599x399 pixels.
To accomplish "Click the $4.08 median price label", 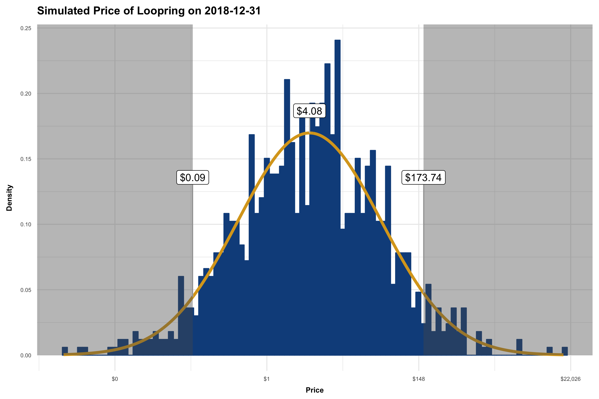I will (x=309, y=111).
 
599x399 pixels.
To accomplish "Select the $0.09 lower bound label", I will (x=193, y=177).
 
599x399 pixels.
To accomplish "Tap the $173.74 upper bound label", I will (x=423, y=177).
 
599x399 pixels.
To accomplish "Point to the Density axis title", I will (x=9, y=198).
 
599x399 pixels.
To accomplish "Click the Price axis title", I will (x=315, y=390).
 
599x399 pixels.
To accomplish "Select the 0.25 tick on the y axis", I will (x=26, y=28).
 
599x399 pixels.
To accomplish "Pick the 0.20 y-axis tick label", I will (x=26, y=94).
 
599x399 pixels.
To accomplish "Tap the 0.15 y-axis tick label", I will (x=26, y=159).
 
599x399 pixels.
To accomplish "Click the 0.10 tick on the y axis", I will (x=26, y=224).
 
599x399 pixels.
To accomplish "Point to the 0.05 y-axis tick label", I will (x=26, y=290).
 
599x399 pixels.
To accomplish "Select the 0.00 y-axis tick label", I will (x=26, y=355).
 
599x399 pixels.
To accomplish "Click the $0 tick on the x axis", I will (x=115, y=379).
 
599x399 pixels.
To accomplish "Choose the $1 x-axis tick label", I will (x=267, y=379).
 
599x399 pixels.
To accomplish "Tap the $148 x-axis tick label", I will (x=419, y=379).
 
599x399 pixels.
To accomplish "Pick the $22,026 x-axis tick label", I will (x=570, y=379).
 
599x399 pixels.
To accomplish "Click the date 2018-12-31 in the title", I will (x=233, y=11).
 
